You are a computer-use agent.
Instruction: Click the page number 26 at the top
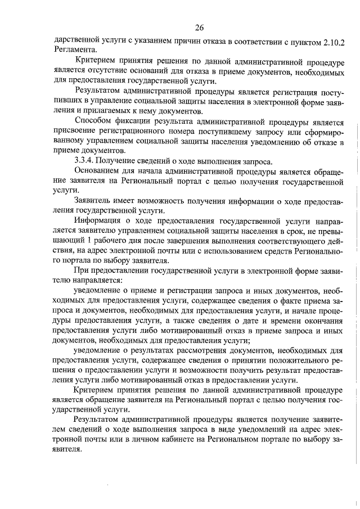199,28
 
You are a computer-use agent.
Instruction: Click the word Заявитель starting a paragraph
94,201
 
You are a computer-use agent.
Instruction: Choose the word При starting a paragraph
82,272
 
